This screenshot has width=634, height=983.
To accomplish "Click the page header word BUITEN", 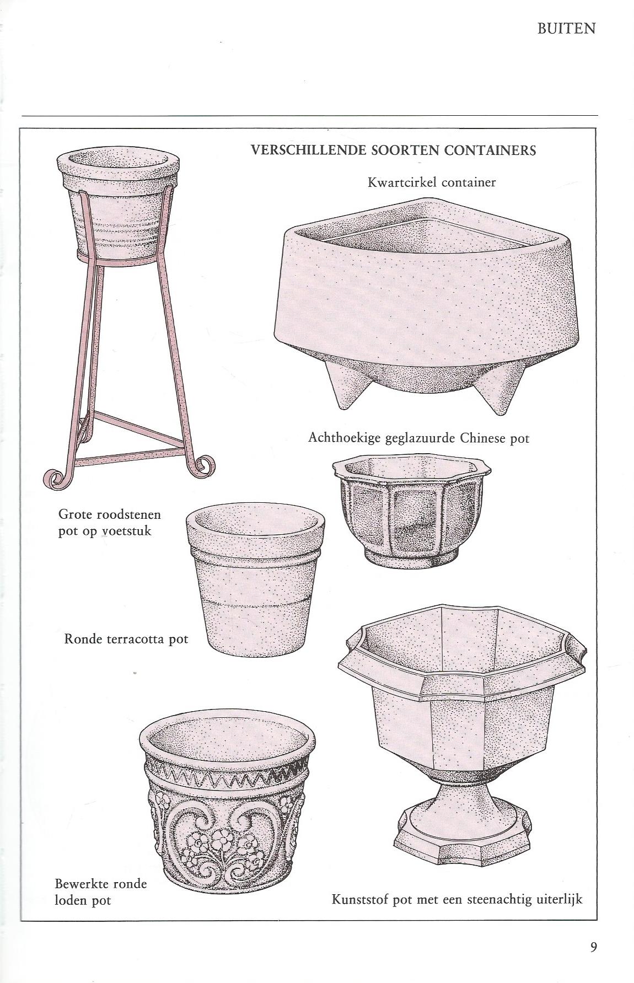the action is pyautogui.click(x=566, y=29).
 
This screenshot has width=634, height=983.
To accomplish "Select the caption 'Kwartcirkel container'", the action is pyautogui.click(x=432, y=182).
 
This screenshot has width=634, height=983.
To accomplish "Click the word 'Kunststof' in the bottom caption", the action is pyautogui.click(x=359, y=900).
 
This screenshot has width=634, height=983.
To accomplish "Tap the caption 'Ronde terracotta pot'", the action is pyautogui.click(x=126, y=640).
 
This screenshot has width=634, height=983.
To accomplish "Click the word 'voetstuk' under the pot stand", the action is pyautogui.click(x=126, y=532).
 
